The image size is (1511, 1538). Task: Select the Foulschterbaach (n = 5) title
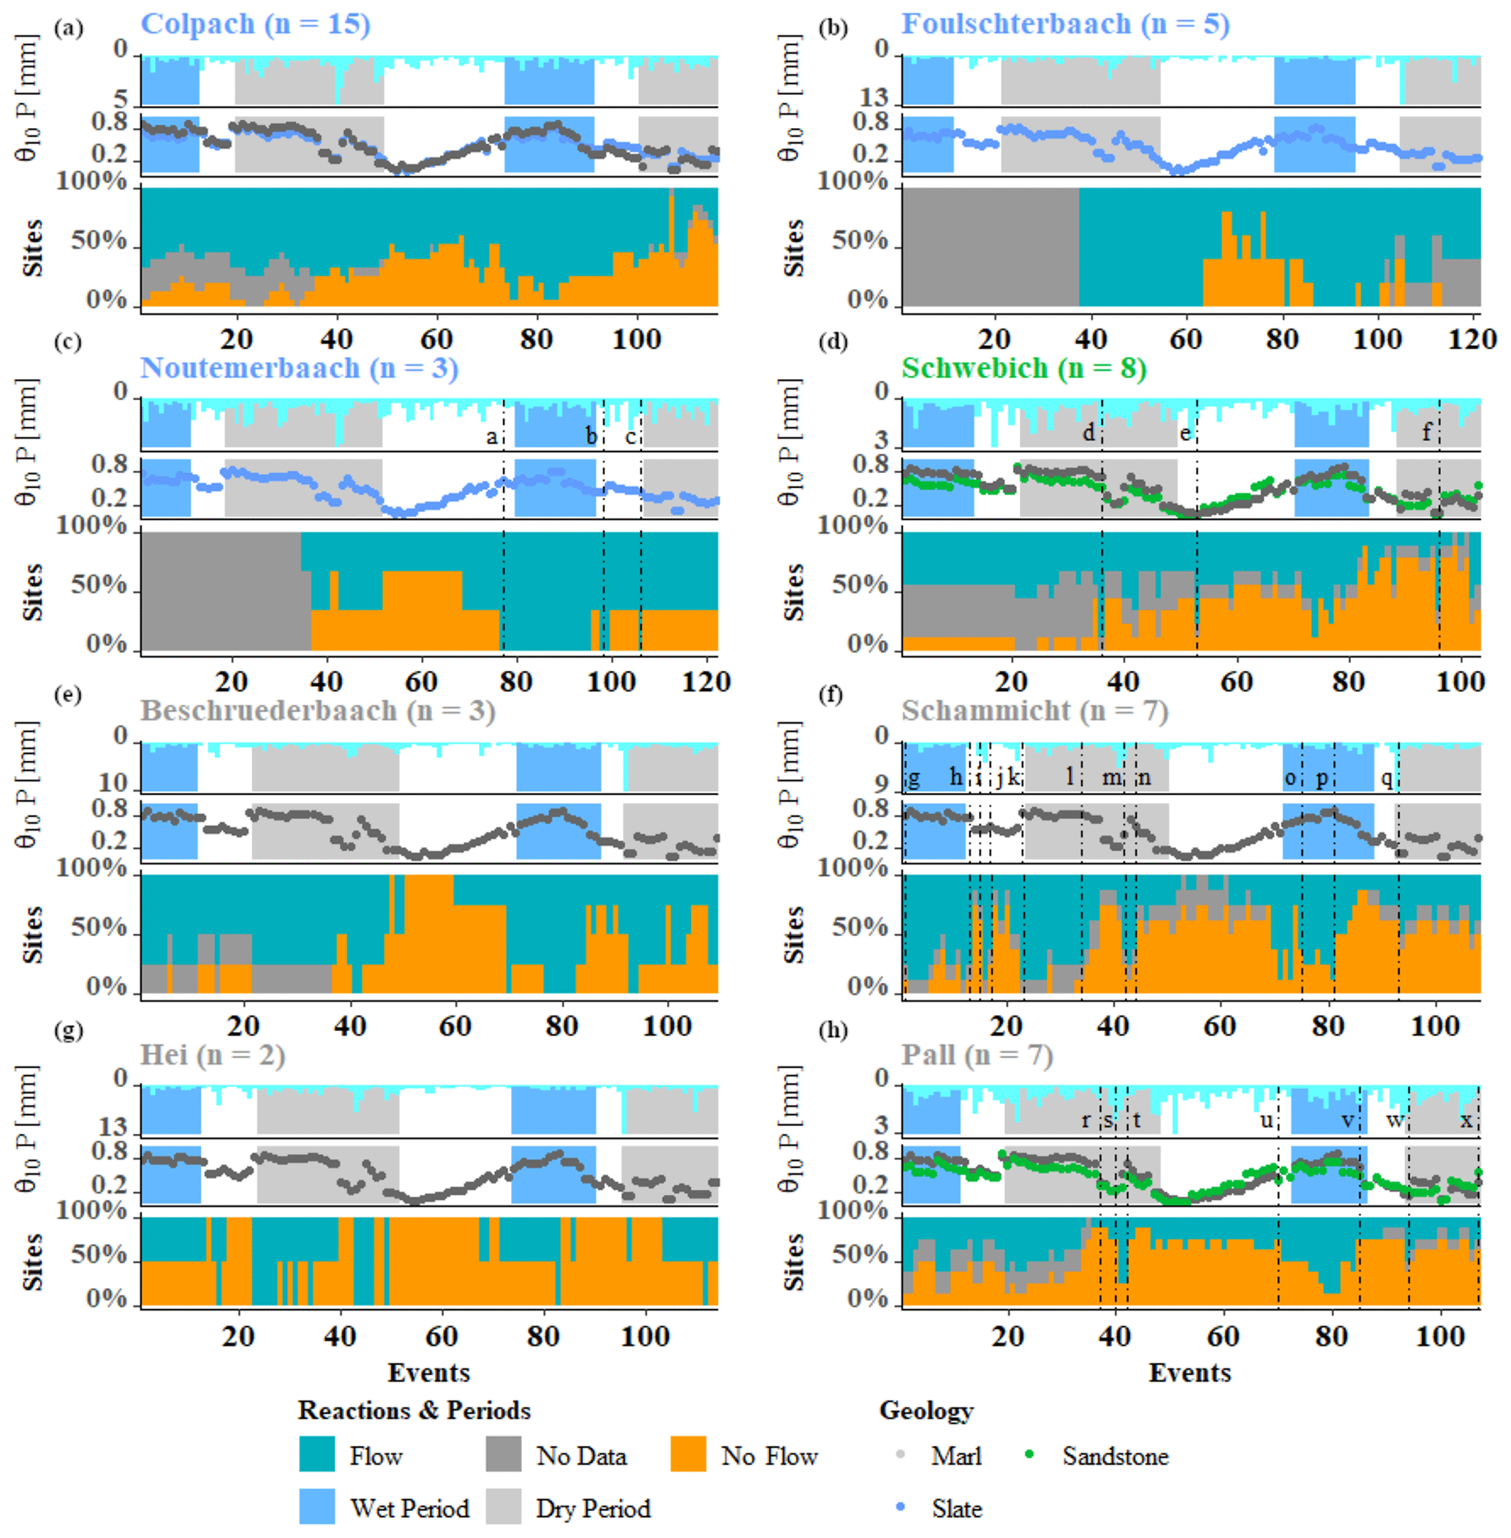point(1065,24)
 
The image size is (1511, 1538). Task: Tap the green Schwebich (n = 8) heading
point(1023,368)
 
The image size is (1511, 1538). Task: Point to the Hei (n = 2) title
point(212,1055)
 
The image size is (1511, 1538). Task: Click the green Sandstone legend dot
point(1029,1454)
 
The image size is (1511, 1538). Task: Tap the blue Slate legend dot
point(900,1507)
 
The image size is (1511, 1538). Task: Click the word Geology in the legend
point(926,1410)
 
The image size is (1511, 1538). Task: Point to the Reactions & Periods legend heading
point(414,1410)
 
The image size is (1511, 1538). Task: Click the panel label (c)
point(68,342)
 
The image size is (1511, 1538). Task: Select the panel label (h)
point(833,1030)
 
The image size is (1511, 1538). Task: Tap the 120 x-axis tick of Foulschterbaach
point(1472,339)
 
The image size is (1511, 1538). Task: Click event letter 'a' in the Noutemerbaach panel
point(492,436)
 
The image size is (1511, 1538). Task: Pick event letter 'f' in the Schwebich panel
point(1426,432)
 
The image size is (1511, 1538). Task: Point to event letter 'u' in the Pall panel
point(1267,1120)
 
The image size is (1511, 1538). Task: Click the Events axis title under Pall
point(1189,1372)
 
